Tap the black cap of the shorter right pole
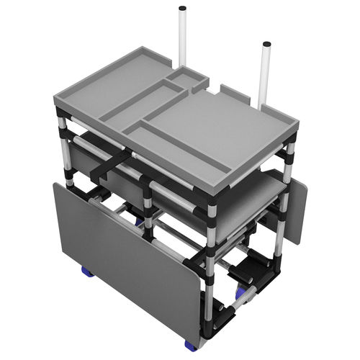pos(266,45)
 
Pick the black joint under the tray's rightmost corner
pos(294,148)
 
